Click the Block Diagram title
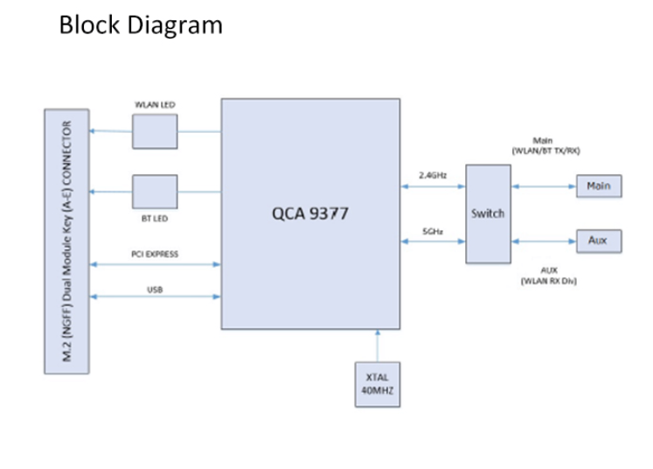[141, 24]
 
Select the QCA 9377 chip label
[310, 213]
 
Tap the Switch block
[487, 213]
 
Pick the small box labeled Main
[598, 185]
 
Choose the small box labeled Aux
[598, 239]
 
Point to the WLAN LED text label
[154, 105]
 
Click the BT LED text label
[154, 219]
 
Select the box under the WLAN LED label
[155, 131]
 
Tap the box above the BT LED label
[155, 192]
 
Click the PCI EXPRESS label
[155, 255]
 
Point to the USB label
[155, 288]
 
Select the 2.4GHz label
[433, 175]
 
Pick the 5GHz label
[432, 231]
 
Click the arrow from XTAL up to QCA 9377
[377, 345]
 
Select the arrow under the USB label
[156, 297]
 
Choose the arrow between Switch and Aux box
[544, 240]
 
